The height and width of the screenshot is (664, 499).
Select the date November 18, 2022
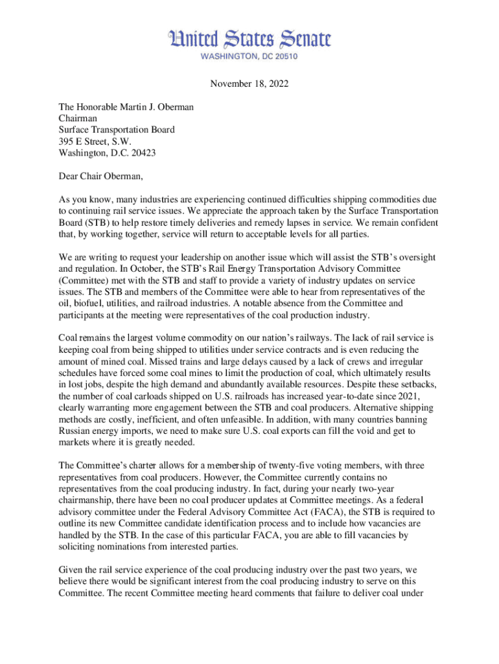[250, 84]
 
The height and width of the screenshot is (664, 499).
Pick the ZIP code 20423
[142, 153]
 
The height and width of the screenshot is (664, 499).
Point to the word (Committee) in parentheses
[84, 280]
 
